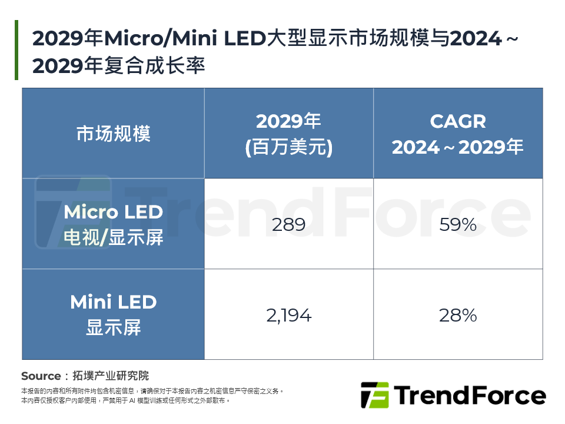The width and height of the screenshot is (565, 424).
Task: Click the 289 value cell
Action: tap(288, 224)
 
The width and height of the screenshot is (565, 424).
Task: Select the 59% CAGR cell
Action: tap(457, 224)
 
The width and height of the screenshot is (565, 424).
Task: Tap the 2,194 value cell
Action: tap(288, 316)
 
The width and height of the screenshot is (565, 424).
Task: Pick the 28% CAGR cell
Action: tap(457, 316)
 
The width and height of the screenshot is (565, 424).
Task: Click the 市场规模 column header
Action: tap(113, 134)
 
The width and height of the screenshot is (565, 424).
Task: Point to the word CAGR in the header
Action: tap(457, 121)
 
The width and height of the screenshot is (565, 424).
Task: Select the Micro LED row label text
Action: tap(113, 212)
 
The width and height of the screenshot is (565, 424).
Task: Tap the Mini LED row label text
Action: tap(113, 302)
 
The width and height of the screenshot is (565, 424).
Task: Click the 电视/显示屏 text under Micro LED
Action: tap(113, 238)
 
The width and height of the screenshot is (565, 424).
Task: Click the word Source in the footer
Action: tap(41, 376)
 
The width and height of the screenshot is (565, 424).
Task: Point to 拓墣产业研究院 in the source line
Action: tap(111, 376)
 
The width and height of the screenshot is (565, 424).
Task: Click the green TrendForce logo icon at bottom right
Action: tap(374, 395)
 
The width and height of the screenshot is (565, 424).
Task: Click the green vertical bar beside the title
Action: tap(16, 50)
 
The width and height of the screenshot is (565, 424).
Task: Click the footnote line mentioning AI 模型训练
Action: tap(125, 400)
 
